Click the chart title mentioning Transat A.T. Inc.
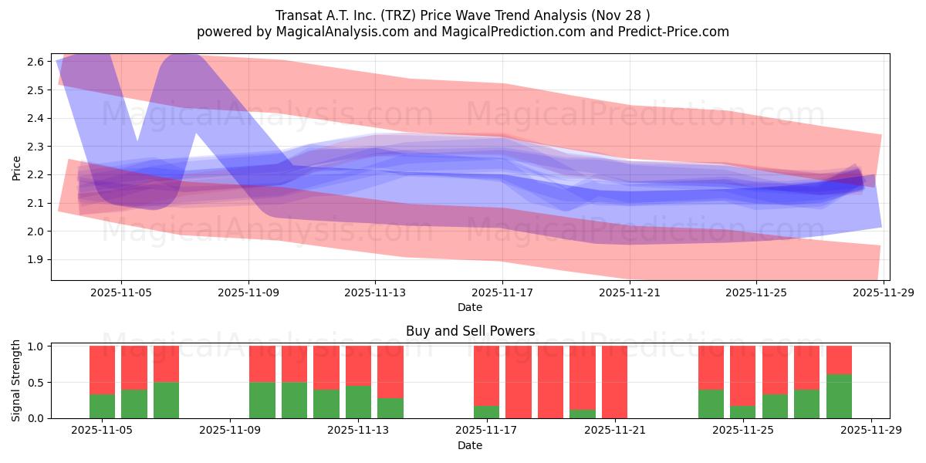(462, 15)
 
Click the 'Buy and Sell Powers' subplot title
(470, 331)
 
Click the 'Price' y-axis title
(17, 167)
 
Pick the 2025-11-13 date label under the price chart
(375, 292)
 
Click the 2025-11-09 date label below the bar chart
(231, 431)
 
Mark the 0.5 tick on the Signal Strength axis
(37, 382)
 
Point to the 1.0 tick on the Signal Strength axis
(37, 346)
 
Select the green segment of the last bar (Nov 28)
(839, 397)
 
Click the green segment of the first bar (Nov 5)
(102, 407)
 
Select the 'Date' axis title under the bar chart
(470, 445)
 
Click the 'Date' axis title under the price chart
(470, 307)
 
